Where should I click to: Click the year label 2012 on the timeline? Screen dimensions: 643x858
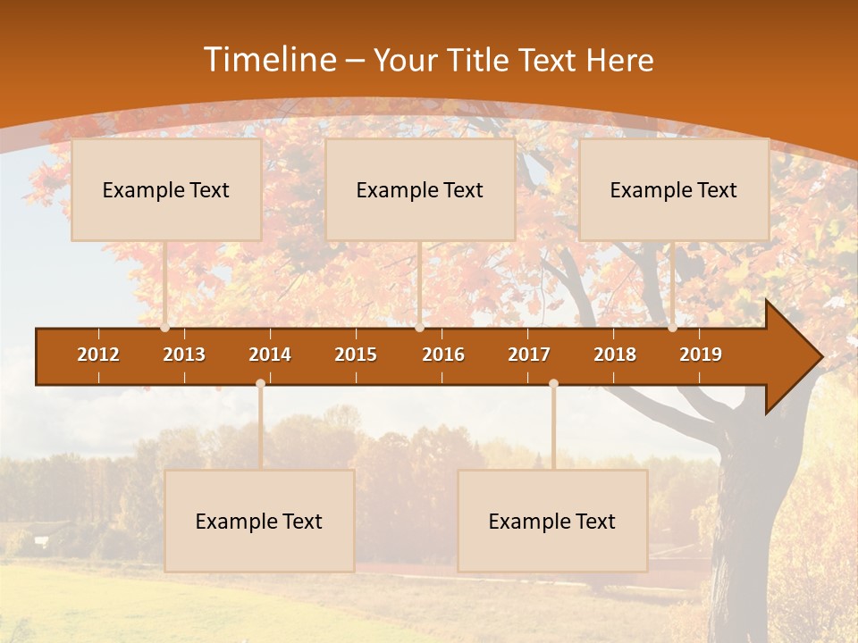tap(98, 355)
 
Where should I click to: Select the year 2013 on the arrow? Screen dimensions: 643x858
tap(184, 355)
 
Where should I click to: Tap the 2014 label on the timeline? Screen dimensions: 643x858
tap(270, 355)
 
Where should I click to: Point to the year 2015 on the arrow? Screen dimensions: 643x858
tap(356, 355)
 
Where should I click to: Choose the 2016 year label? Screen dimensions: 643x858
tap(443, 355)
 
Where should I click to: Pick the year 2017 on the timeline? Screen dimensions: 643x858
tap(529, 355)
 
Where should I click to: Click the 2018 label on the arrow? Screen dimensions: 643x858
tap(615, 355)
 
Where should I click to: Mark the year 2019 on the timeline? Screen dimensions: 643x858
tap(701, 355)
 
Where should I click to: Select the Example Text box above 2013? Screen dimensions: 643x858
tap(166, 190)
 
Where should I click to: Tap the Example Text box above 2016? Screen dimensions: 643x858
tap(420, 190)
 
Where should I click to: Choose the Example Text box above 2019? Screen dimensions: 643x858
tap(674, 190)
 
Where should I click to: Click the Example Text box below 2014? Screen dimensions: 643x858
tap(259, 522)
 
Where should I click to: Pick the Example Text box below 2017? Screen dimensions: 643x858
tap(552, 522)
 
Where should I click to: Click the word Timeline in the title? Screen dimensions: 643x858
tap(269, 60)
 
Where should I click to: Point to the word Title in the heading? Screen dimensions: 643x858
tap(481, 61)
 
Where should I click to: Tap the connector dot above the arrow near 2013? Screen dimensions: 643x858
tap(165, 328)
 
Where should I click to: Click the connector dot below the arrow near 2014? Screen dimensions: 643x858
tap(260, 383)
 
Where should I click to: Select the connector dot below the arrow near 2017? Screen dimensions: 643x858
tap(553, 383)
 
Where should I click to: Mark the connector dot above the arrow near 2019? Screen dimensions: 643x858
tap(673, 328)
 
